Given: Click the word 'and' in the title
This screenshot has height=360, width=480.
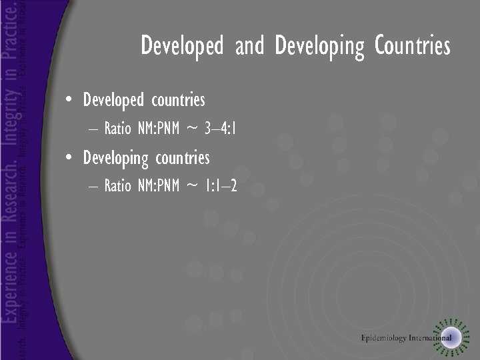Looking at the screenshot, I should click(249, 47).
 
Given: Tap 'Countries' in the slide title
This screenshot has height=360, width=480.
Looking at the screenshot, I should click(412, 47).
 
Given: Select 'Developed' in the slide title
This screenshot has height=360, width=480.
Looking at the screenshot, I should click(181, 47).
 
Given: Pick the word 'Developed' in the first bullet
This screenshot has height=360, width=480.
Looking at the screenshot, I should click(113, 101).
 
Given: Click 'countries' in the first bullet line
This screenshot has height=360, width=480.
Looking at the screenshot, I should click(178, 101).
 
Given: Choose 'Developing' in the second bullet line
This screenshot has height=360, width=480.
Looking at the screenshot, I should click(115, 159).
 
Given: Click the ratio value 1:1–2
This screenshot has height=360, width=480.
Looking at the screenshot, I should click(221, 186).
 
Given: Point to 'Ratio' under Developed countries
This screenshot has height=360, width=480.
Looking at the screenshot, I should click(118, 129).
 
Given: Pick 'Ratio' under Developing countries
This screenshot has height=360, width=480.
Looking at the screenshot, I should click(118, 186).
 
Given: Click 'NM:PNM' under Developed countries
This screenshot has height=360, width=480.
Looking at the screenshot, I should click(159, 129).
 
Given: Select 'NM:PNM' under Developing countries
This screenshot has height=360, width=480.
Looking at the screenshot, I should click(159, 186).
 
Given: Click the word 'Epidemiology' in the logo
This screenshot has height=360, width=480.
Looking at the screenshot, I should click(384, 337).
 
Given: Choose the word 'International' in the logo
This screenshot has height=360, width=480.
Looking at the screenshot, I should click(430, 337).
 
